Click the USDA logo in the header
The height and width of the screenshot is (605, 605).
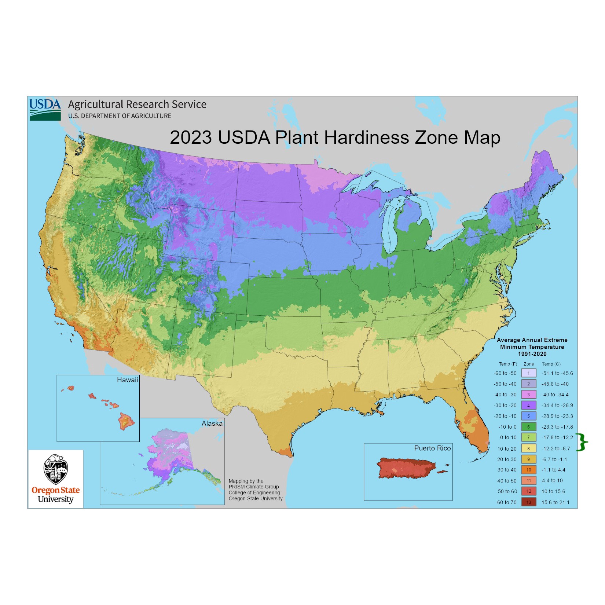pyautogui.click(x=45, y=109)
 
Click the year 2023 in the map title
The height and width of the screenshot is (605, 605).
pyautogui.click(x=190, y=137)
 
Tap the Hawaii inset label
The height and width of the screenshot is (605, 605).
pyautogui.click(x=127, y=380)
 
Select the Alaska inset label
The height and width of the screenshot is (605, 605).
pyautogui.click(x=212, y=423)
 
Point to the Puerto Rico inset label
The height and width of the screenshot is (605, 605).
pyautogui.click(x=432, y=448)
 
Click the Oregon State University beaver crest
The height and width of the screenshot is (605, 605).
pyautogui.click(x=55, y=470)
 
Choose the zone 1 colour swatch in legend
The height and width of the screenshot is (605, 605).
pyautogui.click(x=529, y=373)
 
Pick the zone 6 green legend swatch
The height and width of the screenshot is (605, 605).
pyautogui.click(x=529, y=427)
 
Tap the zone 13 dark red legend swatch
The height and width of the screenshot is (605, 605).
pyautogui.click(x=529, y=502)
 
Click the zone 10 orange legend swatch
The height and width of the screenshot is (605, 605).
pyautogui.click(x=529, y=470)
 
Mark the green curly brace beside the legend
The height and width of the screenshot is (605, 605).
pyautogui.click(x=582, y=442)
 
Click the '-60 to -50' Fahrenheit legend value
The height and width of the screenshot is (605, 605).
pyautogui.click(x=505, y=373)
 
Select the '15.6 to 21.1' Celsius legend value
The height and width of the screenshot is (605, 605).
pyautogui.click(x=555, y=502)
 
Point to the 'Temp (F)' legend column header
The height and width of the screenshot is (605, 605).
pyautogui.click(x=508, y=364)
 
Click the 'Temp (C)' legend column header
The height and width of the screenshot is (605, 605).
pyautogui.click(x=551, y=364)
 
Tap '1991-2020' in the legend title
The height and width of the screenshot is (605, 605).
pyautogui.click(x=532, y=354)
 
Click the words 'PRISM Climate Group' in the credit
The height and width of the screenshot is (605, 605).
pyautogui.click(x=254, y=487)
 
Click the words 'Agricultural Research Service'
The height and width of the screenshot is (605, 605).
pyautogui.click(x=137, y=104)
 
